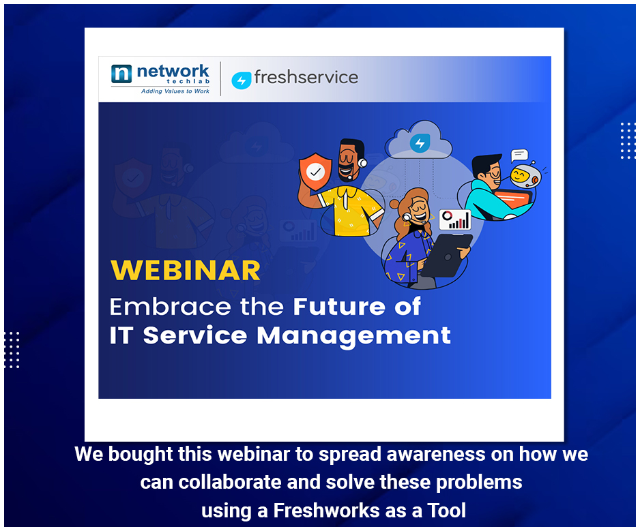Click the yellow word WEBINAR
[186, 271]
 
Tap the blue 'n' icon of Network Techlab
[121, 74]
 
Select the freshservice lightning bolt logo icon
[242, 80]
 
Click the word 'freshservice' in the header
[306, 77]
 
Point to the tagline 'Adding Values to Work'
[175, 91]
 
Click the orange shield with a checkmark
[315, 172]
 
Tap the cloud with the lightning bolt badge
[419, 140]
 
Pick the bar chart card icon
[455, 219]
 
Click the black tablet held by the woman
[446, 255]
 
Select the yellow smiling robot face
[525, 176]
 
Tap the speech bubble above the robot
[519, 155]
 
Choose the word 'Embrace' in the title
[171, 307]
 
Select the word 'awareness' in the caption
[436, 454]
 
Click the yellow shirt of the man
[350, 211]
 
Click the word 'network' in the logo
[173, 72]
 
